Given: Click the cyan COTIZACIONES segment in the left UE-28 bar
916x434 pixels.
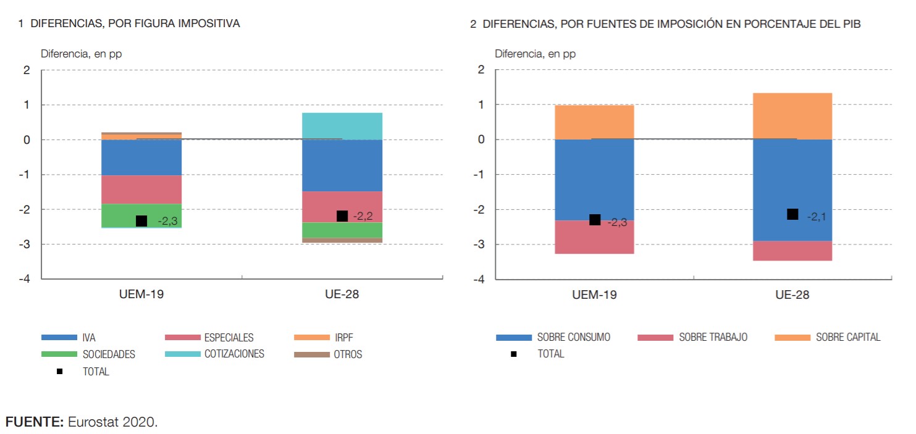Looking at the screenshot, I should pyautogui.click(x=342, y=126).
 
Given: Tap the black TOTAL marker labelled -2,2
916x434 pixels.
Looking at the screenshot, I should pyautogui.click(x=342, y=216).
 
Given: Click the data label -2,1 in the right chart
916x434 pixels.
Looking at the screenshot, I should pyautogui.click(x=817, y=217).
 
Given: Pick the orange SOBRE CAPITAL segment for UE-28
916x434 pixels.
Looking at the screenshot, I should pyautogui.click(x=792, y=115).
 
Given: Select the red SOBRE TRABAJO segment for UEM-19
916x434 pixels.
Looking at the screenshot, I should pyautogui.click(x=594, y=237).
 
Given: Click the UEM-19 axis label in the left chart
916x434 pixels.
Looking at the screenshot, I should pyautogui.click(x=141, y=294).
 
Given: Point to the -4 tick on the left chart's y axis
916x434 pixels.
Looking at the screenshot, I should pyautogui.click(x=27, y=279).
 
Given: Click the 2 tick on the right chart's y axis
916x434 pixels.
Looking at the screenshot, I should pyautogui.click(x=481, y=70).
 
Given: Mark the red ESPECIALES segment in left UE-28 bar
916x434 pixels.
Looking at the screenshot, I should pyautogui.click(x=342, y=206).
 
